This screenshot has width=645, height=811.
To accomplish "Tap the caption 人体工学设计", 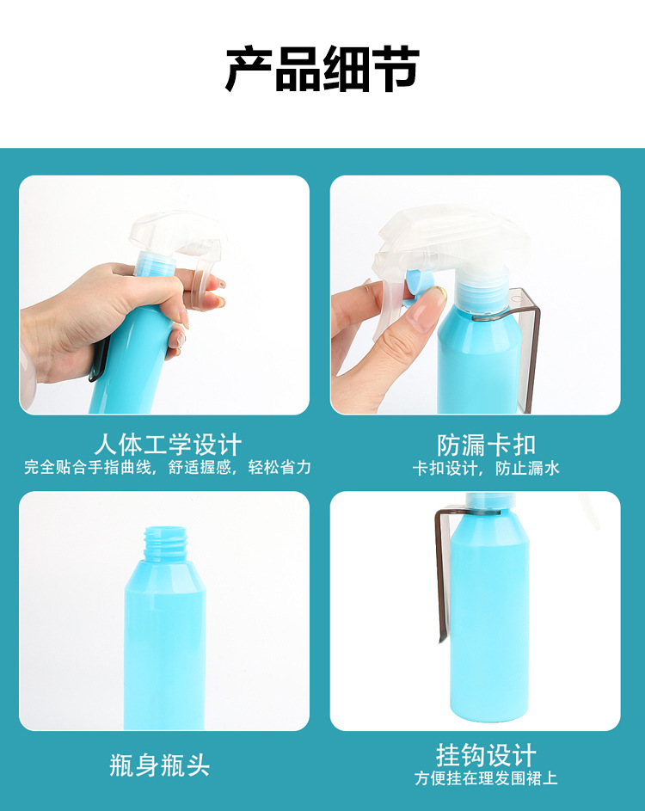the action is point(168,445).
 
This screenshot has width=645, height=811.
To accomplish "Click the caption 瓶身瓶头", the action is point(159,765).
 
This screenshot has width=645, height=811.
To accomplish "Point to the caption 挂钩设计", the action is point(486,756).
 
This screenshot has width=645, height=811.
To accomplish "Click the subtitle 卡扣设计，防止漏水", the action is point(486,468).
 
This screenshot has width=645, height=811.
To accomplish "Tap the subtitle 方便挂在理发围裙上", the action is point(486,778).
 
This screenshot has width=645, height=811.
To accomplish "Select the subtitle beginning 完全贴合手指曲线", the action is point(168,467).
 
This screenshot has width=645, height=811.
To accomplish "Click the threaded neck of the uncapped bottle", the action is point(165,543).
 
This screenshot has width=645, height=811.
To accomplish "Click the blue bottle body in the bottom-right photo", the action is point(490,616).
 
